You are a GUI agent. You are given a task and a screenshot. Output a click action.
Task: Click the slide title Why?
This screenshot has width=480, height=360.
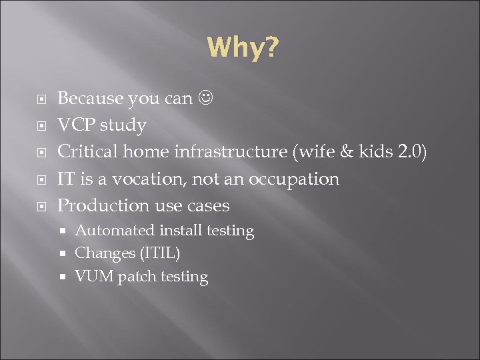[x=243, y=48]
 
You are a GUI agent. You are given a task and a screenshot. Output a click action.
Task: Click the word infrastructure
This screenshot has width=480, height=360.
[x=230, y=152]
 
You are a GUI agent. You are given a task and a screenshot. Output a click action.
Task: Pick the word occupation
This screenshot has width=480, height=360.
[x=295, y=180]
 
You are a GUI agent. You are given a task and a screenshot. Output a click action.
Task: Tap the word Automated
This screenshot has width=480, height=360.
[x=115, y=231]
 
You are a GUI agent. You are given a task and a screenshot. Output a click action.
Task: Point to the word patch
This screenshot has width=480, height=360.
[x=136, y=277]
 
